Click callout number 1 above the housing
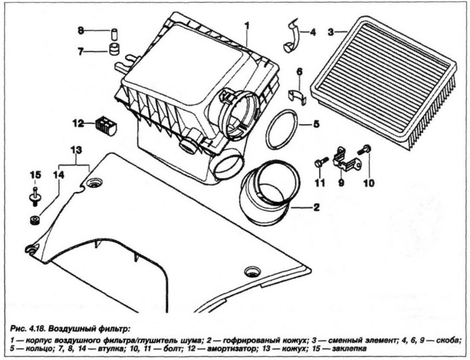[246, 26]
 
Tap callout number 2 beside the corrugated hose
[316, 207]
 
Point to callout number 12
[79, 122]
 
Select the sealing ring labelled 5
[278, 131]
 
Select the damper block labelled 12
[104, 124]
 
